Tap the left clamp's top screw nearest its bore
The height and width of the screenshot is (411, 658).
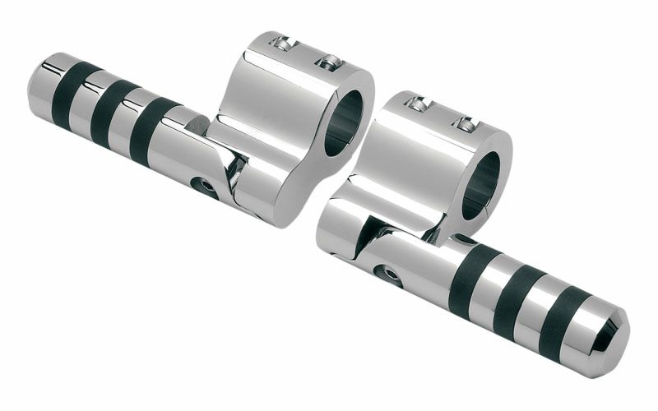tap(329, 62)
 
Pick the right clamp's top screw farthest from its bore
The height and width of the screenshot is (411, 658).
tap(418, 104)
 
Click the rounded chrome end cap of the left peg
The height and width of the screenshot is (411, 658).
tap(41, 80)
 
